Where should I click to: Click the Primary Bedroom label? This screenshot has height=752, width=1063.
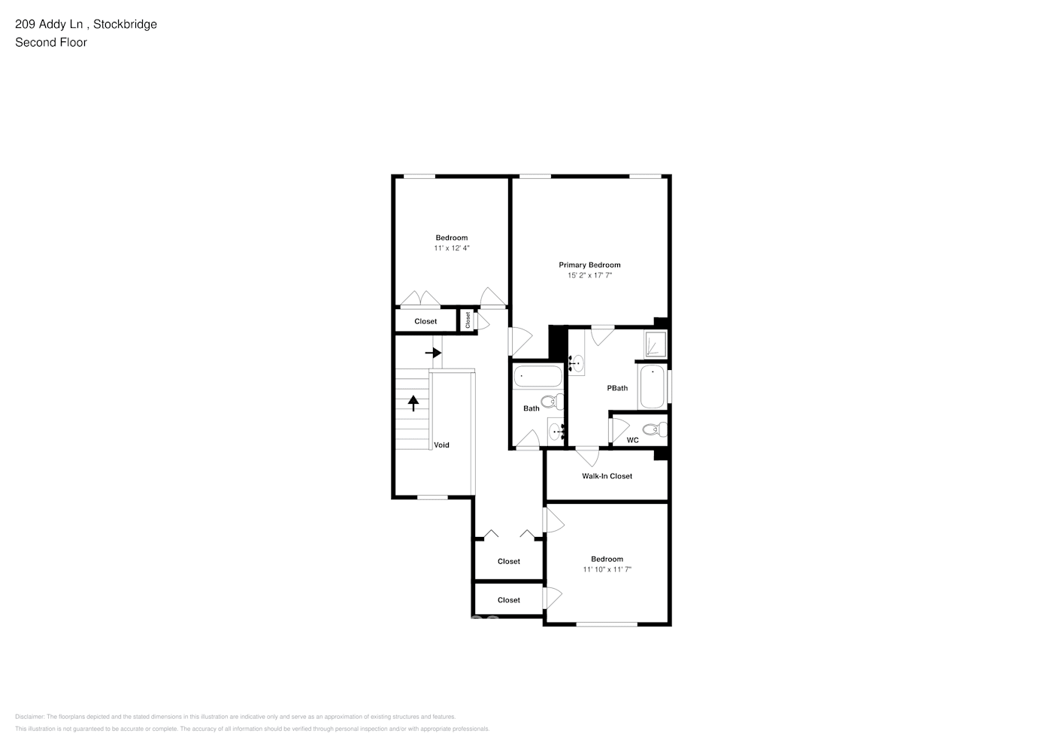coord(589,265)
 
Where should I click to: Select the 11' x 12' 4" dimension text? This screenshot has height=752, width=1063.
coord(451,248)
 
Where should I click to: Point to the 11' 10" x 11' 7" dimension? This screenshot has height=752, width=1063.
coord(607,570)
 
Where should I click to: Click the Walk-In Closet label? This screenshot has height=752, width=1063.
coord(607,476)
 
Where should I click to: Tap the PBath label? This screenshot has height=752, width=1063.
coord(617,388)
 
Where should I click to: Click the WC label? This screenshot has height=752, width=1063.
coord(632,440)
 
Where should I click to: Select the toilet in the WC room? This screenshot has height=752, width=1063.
coord(656,430)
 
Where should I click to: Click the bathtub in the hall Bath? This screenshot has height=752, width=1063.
coord(538,376)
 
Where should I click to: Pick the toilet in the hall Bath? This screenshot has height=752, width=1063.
coord(553,401)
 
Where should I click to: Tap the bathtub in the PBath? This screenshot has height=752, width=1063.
coord(653,387)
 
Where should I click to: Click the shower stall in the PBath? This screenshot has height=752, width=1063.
coord(655,344)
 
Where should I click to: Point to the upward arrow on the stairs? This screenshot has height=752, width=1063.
coord(413,403)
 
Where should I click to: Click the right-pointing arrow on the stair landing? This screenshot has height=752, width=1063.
coord(433,352)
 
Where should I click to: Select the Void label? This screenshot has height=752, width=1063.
coord(441,445)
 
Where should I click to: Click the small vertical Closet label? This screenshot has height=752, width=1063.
coord(468,320)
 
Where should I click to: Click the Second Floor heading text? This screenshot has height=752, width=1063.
coord(51,42)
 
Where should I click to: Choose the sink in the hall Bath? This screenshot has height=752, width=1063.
coord(556,432)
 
